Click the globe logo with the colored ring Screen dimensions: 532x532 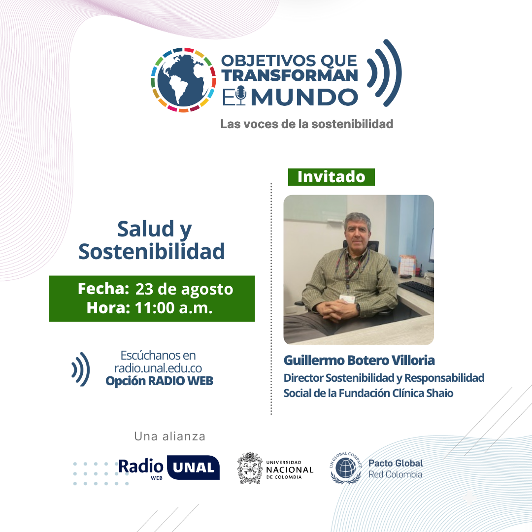pyautogui.click(x=183, y=80)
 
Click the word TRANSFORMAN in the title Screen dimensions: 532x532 pyautogui.click(x=289, y=75)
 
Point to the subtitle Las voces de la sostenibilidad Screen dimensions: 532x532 pyautogui.click(x=306, y=124)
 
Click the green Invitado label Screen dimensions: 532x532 pyautogui.click(x=331, y=177)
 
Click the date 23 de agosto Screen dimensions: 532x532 pyautogui.click(x=184, y=289)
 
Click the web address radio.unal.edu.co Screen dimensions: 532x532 pyautogui.click(x=158, y=368)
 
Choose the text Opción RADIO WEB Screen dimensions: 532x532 pyautogui.click(x=159, y=381)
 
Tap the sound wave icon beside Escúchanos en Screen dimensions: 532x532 pyautogui.click(x=81, y=368)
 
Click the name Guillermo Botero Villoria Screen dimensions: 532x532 pyautogui.click(x=359, y=360)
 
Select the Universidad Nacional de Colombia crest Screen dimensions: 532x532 pyautogui.click(x=250, y=468)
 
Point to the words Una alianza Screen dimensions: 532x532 pyautogui.click(x=169, y=436)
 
